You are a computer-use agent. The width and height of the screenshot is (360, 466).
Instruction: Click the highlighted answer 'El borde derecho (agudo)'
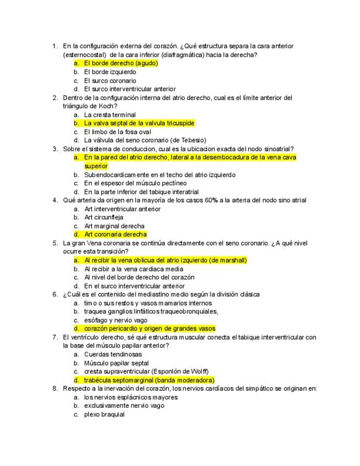coord(120,63)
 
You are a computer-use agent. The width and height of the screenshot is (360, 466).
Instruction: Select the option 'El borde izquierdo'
coord(110,72)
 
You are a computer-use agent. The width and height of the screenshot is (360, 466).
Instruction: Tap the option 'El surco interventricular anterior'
coord(130,89)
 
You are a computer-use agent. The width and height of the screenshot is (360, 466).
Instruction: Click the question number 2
coord(55,98)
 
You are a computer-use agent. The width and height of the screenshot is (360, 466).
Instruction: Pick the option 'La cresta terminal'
coord(110,115)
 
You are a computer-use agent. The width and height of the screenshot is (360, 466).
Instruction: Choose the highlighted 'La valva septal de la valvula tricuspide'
coord(139,123)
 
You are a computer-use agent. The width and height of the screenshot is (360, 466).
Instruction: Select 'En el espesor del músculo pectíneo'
coord(135,183)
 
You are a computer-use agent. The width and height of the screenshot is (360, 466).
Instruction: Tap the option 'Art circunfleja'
coord(103,217)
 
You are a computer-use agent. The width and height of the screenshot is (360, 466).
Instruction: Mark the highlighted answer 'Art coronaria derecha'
coord(115,235)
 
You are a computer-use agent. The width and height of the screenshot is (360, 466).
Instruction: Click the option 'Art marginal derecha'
coord(114,226)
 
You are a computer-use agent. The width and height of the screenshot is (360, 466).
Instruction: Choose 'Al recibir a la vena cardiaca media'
coord(133,269)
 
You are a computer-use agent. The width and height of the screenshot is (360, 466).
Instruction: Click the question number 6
coord(55,294)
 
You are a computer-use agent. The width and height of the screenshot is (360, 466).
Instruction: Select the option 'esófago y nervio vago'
coord(115,320)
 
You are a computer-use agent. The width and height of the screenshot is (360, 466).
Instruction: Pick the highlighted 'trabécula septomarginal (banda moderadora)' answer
coord(149,380)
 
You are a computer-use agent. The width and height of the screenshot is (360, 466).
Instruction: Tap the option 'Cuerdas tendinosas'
coord(112,354)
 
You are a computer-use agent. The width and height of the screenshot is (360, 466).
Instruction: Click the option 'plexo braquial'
coord(104,414)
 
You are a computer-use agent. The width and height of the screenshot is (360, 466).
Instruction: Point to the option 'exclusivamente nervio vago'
coord(124,406)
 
